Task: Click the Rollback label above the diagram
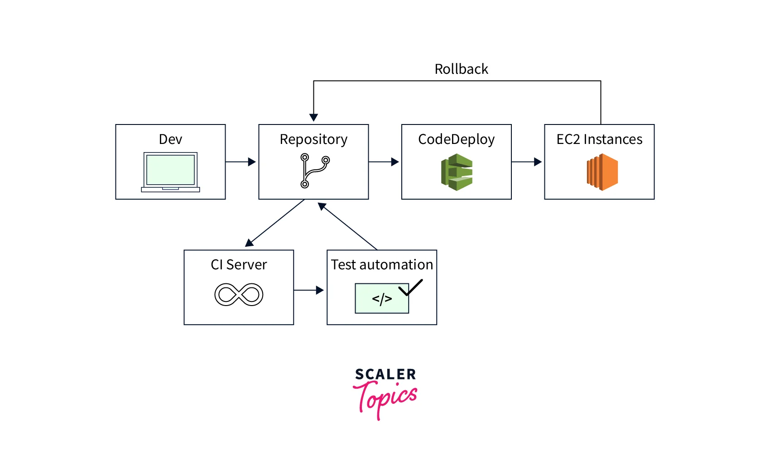point(461,69)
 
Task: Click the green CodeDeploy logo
point(457,172)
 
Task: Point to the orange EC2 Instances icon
point(602,172)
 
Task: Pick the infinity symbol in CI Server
point(239,295)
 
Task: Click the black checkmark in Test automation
point(410,287)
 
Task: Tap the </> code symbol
point(382,299)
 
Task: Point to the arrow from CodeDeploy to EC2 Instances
point(527,162)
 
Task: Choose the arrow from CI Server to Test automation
point(309,290)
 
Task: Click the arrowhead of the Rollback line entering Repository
point(313,117)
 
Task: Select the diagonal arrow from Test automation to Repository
point(347,226)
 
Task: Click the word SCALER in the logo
point(385,374)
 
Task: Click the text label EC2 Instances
point(599,139)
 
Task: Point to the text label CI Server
point(239,265)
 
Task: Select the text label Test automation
point(382,265)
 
